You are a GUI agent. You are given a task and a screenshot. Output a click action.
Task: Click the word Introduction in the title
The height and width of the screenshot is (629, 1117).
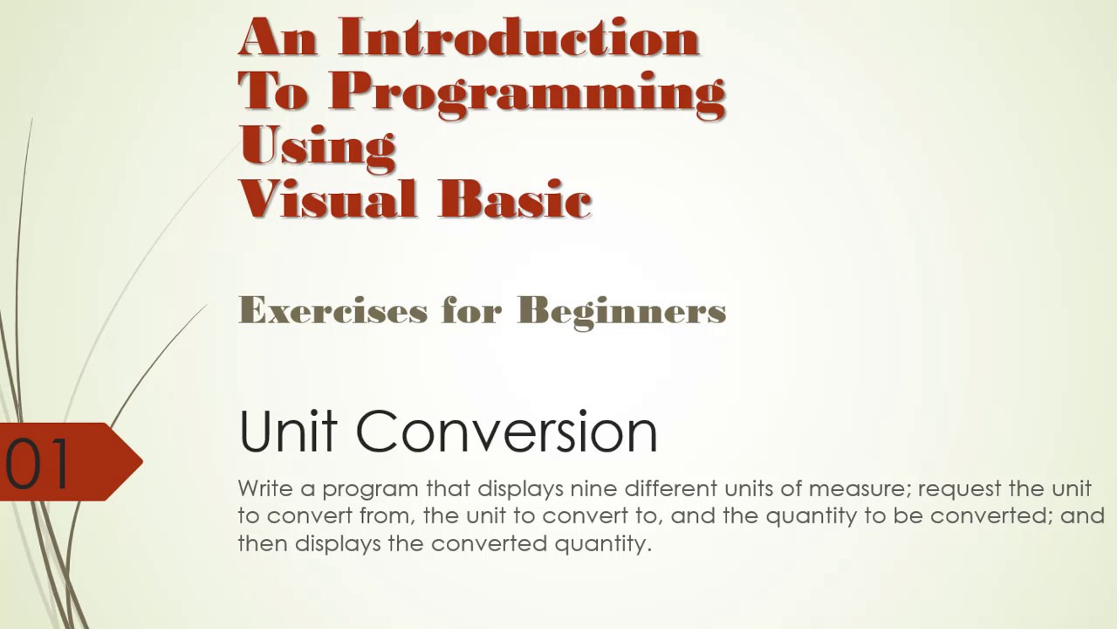(518, 38)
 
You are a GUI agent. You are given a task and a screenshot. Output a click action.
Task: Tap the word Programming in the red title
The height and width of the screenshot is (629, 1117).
(527, 92)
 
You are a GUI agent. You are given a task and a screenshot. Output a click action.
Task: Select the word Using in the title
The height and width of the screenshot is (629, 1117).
(318, 146)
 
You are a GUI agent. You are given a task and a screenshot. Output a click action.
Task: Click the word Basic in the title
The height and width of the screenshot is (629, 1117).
(515, 199)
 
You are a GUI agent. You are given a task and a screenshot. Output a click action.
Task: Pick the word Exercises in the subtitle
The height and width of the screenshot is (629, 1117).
(332, 310)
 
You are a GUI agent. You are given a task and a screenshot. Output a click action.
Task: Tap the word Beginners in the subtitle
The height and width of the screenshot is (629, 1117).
(621, 310)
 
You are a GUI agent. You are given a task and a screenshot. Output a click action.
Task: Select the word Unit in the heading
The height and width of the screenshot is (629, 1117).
(290, 431)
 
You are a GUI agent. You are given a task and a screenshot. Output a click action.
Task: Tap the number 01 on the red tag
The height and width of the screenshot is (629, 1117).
(38, 462)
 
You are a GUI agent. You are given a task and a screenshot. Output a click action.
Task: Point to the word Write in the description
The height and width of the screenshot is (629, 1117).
(264, 487)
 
